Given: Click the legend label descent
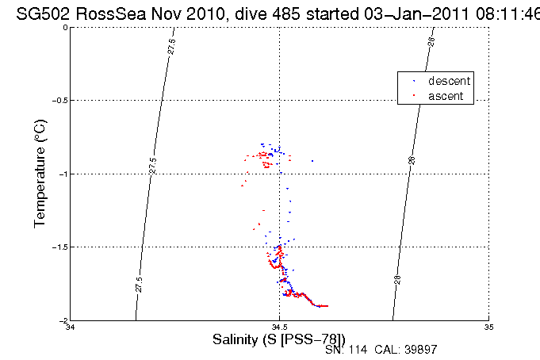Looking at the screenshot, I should click(x=450, y=81).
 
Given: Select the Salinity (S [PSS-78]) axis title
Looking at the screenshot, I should click(x=279, y=339).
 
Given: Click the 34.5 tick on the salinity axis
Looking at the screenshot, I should click(x=280, y=327).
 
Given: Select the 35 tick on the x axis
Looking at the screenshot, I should click(x=489, y=327).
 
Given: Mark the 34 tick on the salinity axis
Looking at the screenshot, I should click(x=71, y=327).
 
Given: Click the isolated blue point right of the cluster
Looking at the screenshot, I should click(x=312, y=161).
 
